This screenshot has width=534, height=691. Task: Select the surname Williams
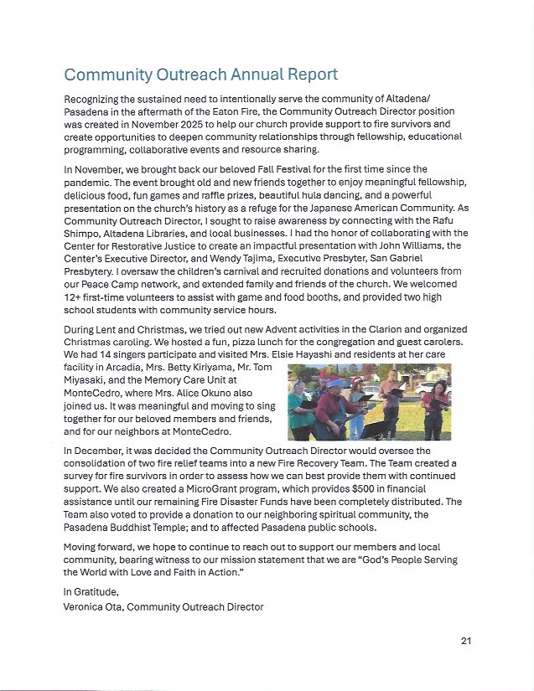[413, 245]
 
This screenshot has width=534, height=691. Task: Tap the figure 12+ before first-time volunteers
[73, 296]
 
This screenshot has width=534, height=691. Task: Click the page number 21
[466, 641]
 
